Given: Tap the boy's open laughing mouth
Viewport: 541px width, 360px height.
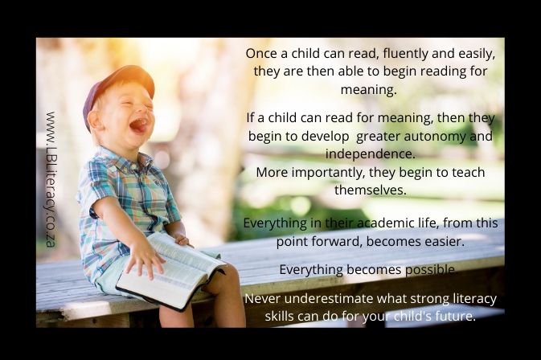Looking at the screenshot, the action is [139, 125].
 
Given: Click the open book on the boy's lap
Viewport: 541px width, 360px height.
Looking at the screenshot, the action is [171, 271].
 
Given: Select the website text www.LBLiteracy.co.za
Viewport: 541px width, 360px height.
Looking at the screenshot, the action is [51, 179].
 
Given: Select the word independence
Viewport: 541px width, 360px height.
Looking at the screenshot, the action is [371, 154].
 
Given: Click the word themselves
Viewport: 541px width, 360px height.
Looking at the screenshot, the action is [371, 190].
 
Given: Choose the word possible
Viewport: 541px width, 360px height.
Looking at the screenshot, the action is [431, 270].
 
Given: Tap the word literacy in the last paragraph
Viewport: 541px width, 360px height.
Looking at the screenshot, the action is [475, 299].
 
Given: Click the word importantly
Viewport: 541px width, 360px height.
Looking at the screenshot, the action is [328, 173].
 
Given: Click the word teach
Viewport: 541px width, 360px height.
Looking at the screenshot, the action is [469, 172].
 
